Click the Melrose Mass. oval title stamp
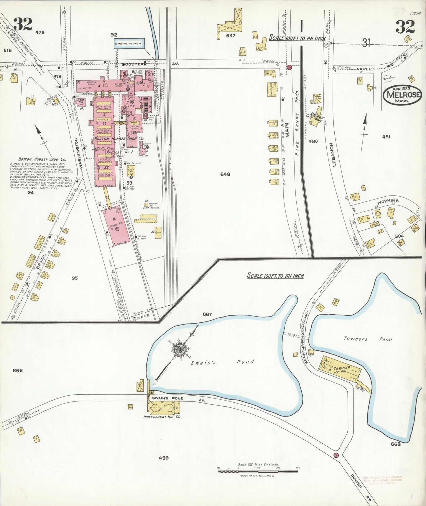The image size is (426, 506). [402, 95]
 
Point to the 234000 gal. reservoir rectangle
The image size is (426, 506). [129, 43]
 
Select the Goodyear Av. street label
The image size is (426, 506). [130, 63]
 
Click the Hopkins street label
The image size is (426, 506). [388, 201]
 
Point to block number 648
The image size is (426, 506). [225, 174]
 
